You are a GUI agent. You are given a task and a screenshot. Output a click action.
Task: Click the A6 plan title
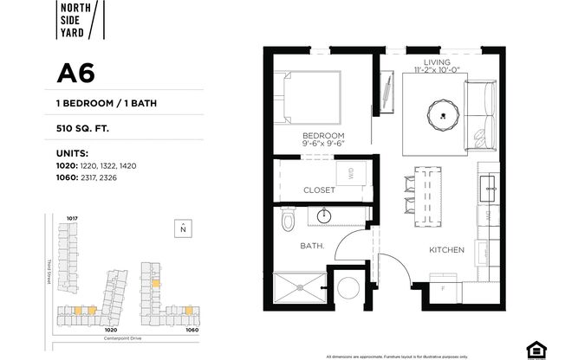click(76, 74)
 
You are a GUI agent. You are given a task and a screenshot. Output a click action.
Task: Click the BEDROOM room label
click(323, 137)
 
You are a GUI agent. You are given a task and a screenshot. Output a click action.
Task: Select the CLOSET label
click(319, 190)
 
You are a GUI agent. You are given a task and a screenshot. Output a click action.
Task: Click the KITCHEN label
click(446, 250)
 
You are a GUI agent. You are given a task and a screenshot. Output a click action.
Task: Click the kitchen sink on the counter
click(486, 183)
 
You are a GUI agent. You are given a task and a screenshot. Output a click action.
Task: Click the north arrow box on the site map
click(183, 228)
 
